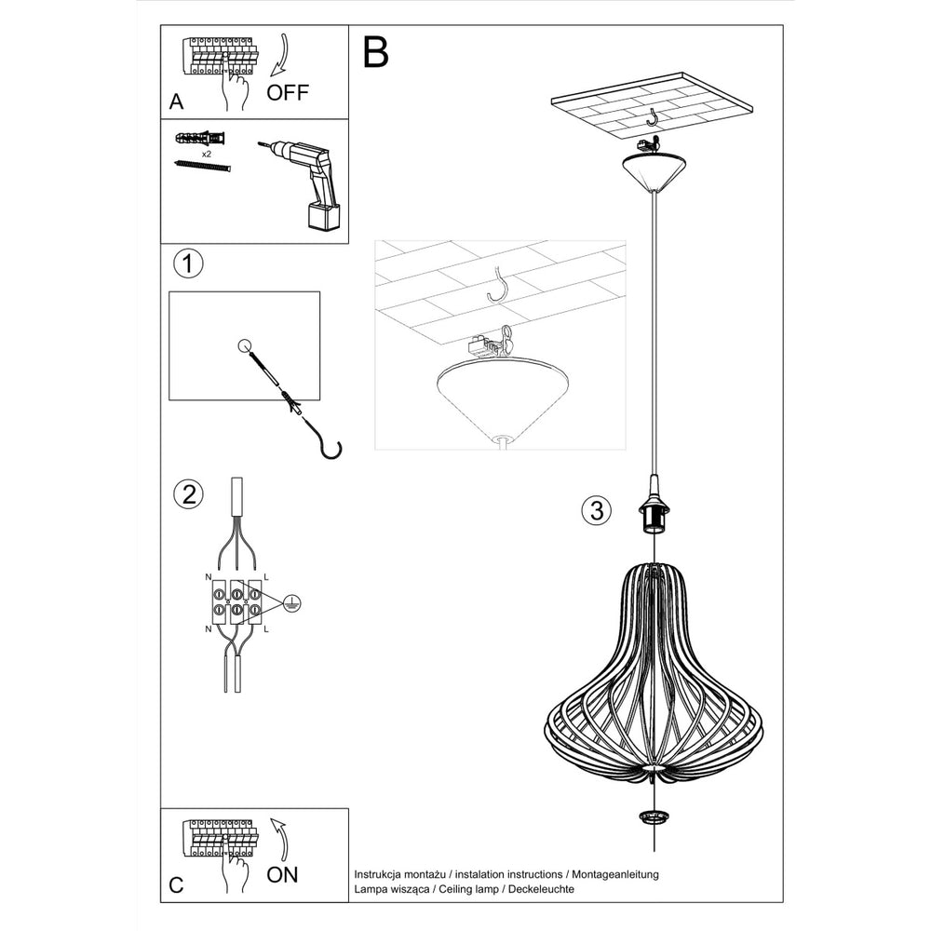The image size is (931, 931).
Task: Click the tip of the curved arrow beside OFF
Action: tap(272, 75)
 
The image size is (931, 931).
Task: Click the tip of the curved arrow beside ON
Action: tap(273, 818)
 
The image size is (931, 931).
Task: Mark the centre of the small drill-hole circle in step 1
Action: tap(244, 346)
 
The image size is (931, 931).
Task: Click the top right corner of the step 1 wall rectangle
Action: tap(320, 291)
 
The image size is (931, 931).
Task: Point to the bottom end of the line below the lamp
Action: tap(654, 851)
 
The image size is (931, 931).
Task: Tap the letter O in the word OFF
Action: tap(277, 92)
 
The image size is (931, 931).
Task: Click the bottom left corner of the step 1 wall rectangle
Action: tap(169, 400)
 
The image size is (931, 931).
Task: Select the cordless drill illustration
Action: tap(302, 184)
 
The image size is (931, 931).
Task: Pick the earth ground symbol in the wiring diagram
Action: tap(291, 602)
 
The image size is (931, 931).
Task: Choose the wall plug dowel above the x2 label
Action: tap(201, 140)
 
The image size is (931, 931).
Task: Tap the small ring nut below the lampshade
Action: tap(653, 816)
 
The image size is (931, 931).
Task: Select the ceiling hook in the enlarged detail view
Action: tap(497, 284)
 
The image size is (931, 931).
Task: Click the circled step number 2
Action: tap(188, 494)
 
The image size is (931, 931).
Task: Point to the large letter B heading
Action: tap(375, 52)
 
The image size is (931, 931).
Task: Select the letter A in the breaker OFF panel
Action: tap(176, 101)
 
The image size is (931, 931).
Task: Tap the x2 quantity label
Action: tap(207, 154)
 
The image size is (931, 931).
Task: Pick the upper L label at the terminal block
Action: tap(265, 576)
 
